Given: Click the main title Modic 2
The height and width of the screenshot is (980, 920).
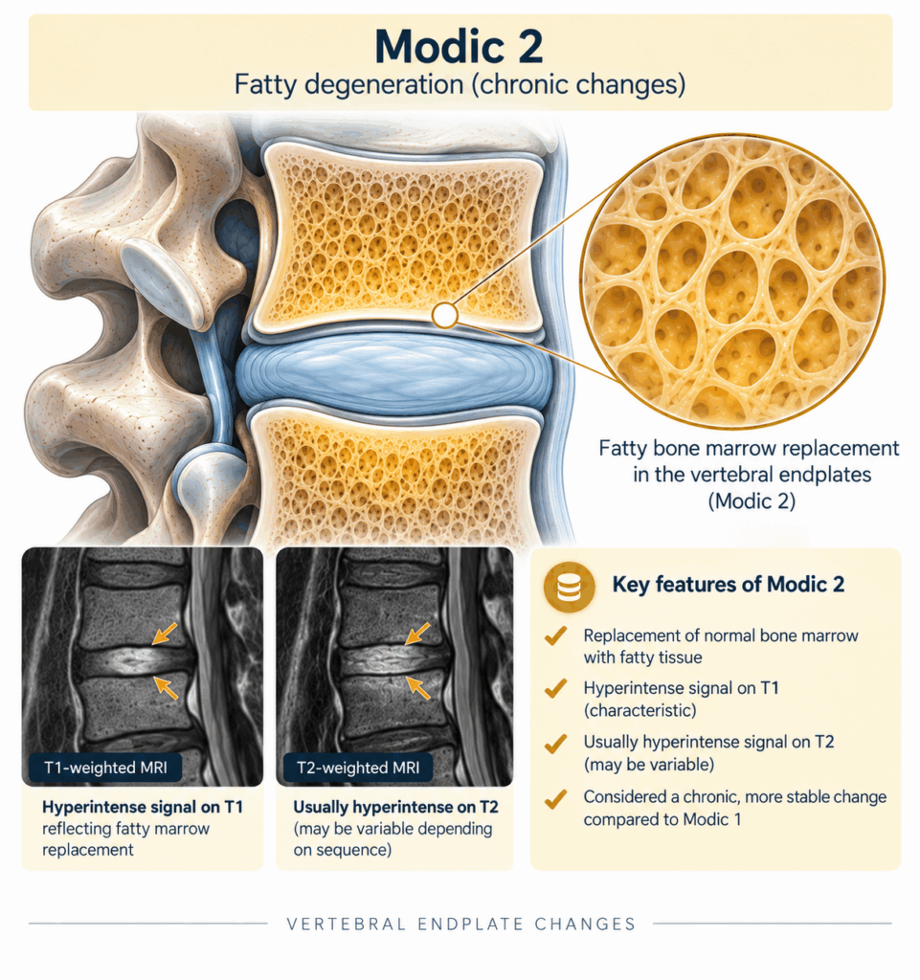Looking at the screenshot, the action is point(460,47).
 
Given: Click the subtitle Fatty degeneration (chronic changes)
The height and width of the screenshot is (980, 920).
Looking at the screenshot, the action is point(460,84).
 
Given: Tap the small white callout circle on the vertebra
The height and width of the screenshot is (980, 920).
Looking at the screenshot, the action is point(445,316).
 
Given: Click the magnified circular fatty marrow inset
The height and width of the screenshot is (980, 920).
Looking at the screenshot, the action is point(731,280).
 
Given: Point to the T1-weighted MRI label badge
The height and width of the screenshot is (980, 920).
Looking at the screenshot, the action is point(105,768).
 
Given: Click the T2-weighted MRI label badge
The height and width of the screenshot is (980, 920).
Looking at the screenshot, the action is point(358,768).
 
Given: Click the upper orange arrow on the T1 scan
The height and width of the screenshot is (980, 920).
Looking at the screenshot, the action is point(165,634).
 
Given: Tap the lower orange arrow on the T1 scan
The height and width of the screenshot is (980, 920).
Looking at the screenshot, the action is point(166,687).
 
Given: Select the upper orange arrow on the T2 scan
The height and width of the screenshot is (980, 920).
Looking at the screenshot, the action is point(417,634).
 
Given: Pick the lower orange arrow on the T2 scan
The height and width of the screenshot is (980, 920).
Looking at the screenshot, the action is point(418,687).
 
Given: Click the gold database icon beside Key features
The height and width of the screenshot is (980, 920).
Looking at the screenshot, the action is point(569,587).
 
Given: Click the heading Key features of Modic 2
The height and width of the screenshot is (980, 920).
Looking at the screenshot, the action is point(729,585).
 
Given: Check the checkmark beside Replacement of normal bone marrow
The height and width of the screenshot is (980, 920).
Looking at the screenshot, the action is point(555,636).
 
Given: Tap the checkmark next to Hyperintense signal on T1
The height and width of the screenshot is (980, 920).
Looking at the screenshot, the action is point(555,689).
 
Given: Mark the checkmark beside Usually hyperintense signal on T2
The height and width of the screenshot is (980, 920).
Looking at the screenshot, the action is point(555,743).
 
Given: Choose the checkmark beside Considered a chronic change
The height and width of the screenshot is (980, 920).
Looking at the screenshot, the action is point(555,798).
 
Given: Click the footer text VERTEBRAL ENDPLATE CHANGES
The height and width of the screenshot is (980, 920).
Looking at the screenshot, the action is point(461,924).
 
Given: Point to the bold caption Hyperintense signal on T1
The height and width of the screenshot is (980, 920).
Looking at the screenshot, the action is point(143,807).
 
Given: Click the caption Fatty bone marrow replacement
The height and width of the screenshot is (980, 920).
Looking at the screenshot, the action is point(749,448).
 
